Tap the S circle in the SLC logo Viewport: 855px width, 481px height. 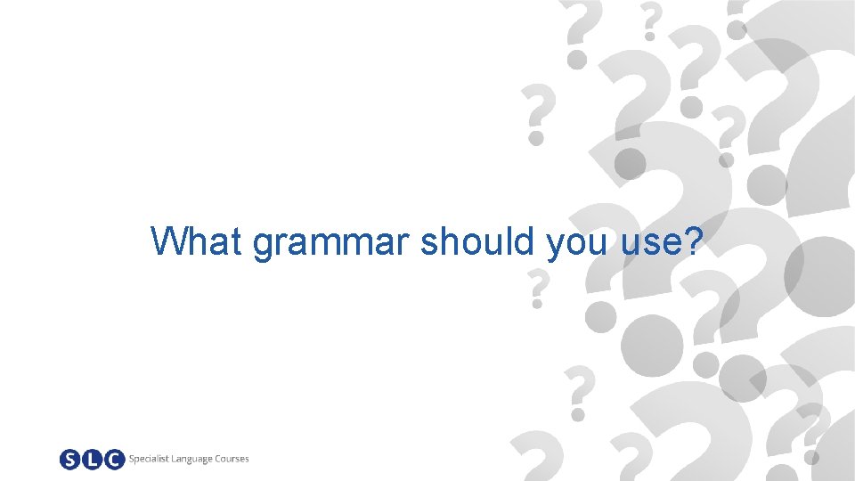pyautogui.click(x=70, y=460)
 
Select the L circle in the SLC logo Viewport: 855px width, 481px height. pyautogui.click(x=92, y=460)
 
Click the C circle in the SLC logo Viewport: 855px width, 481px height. pyautogui.click(x=113, y=460)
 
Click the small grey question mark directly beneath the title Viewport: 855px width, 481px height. pyautogui.click(x=536, y=289)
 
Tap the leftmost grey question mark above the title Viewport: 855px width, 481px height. pyautogui.click(x=536, y=114)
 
